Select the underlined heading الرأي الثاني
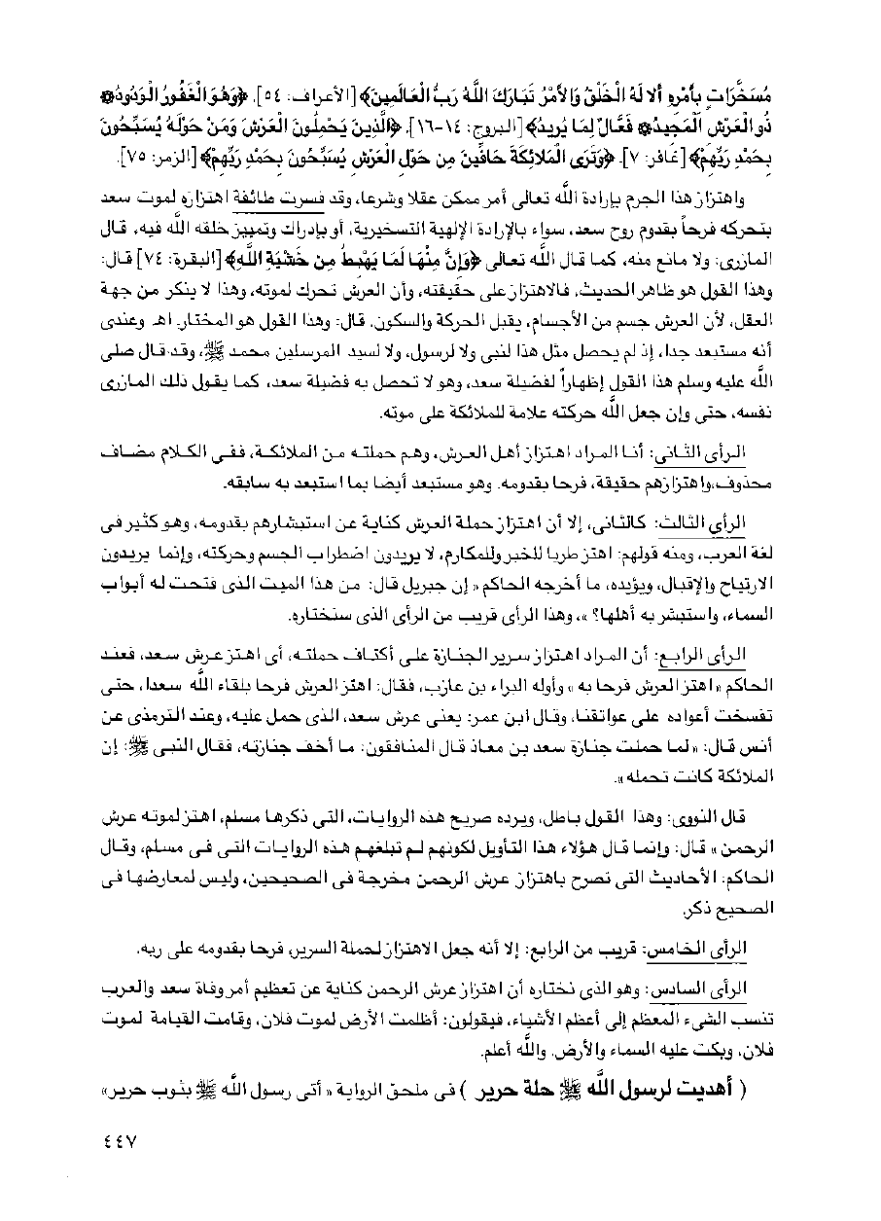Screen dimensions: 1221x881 click(744, 455)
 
